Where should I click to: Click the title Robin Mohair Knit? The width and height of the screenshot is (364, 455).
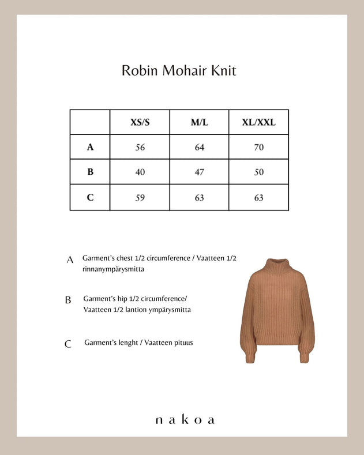click(x=178, y=71)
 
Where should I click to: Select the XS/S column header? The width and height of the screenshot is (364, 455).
click(x=140, y=122)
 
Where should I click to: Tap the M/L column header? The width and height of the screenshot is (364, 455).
click(x=199, y=122)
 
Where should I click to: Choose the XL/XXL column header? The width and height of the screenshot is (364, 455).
click(x=258, y=122)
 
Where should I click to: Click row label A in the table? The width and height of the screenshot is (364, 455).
click(x=90, y=147)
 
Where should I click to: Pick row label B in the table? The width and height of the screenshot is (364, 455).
click(x=90, y=172)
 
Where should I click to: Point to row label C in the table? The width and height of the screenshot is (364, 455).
click(x=90, y=197)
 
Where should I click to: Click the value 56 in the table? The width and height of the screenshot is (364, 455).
click(x=140, y=147)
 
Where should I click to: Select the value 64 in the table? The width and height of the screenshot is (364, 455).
click(x=199, y=147)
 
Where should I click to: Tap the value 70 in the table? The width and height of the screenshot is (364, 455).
click(x=258, y=147)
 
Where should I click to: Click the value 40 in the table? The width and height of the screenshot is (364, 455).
click(x=140, y=172)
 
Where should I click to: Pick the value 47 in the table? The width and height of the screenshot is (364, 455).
click(x=199, y=172)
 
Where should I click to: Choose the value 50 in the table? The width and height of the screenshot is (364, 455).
click(x=258, y=172)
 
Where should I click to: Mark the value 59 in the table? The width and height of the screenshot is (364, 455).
click(x=140, y=197)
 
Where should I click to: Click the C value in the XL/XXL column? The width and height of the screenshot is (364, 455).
click(x=258, y=197)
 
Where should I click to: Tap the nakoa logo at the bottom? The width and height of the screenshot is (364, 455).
click(x=185, y=420)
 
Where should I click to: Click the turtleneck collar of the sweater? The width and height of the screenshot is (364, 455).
click(x=273, y=266)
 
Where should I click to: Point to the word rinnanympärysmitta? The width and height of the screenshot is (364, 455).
click(x=113, y=269)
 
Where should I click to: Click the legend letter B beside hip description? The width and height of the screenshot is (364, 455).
click(x=68, y=300)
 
